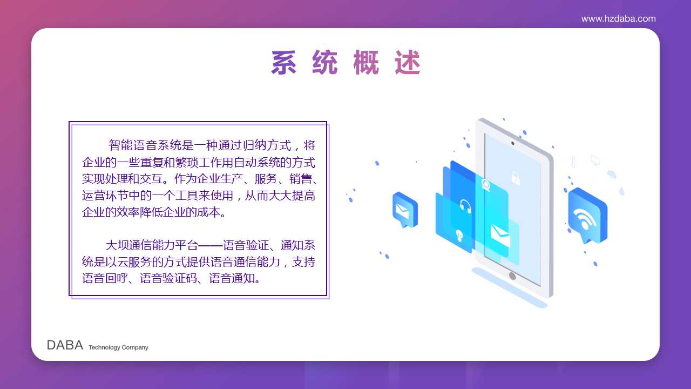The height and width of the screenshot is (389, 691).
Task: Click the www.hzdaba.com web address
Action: [618, 19]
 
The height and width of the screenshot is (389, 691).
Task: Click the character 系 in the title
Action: [283, 62]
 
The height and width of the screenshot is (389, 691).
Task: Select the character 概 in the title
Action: [366, 62]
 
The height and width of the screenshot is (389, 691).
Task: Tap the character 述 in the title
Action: [407, 62]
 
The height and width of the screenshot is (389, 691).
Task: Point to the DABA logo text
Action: [65, 345]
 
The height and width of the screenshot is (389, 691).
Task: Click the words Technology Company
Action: [118, 347]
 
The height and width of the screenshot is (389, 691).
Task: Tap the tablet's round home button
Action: [512, 276]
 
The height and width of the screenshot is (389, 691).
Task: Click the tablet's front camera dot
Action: [513, 143]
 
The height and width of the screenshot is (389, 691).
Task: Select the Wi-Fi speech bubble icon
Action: [588, 216]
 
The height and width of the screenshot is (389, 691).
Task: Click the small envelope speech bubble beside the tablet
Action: [405, 210]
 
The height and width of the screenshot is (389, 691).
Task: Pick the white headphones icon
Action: [465, 206]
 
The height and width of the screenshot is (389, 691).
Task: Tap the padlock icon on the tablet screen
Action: [516, 178]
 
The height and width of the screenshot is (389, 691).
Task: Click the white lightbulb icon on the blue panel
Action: [459, 236]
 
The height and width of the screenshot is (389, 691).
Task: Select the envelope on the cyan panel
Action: [500, 236]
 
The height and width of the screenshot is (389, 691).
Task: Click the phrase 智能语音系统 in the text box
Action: [145, 145]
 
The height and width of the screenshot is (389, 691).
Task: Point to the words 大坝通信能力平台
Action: [152, 245]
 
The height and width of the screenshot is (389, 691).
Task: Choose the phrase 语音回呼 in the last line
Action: [105, 278]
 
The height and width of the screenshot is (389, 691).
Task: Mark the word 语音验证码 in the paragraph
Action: [168, 278]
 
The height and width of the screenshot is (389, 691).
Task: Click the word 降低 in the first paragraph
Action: [151, 212]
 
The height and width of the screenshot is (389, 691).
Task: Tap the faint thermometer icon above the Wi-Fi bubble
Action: [573, 162]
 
